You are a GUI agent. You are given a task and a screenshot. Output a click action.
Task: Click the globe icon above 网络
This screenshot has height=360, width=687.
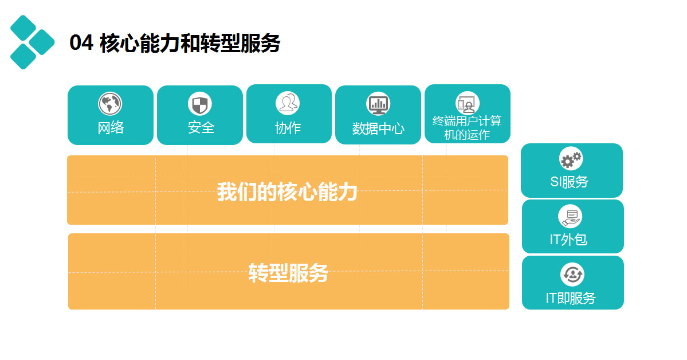click(x=110, y=104)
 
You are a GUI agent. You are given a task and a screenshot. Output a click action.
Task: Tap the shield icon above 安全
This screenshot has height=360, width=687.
click(x=200, y=104)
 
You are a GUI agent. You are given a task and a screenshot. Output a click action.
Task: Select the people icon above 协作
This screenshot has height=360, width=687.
click(x=288, y=104)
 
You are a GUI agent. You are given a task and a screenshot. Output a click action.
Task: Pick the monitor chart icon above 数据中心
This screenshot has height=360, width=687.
click(x=378, y=104)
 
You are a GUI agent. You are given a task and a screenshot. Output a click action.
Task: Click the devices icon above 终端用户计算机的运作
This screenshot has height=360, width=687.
click(x=468, y=104)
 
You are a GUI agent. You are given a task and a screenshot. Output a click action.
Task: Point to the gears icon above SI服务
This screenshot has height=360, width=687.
click(x=571, y=159)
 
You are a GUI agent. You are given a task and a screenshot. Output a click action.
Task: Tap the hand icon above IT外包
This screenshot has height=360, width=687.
click(x=570, y=217)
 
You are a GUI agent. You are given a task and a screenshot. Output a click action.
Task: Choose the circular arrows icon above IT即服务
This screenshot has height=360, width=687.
click(x=572, y=274)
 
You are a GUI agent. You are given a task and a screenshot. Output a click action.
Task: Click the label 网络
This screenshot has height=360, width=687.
click(x=111, y=128)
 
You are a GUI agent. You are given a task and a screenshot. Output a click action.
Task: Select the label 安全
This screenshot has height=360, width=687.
click(x=201, y=128)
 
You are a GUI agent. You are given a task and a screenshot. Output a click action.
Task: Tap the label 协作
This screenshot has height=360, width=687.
click(x=288, y=128)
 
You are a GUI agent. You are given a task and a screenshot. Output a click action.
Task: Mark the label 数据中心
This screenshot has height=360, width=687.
click(x=378, y=128)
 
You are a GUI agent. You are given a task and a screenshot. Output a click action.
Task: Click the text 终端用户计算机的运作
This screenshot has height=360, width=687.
click(x=467, y=128)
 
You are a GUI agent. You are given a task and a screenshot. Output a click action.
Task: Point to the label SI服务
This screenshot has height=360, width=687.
click(x=569, y=182)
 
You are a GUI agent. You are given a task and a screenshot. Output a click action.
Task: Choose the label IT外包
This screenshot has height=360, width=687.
click(x=568, y=240)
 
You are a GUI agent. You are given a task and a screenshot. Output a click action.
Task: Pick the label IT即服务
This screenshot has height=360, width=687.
click(x=571, y=298)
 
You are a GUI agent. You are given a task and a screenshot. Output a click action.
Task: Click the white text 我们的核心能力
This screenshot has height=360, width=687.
click(x=287, y=192)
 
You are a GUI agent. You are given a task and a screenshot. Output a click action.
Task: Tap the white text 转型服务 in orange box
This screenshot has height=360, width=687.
click(x=288, y=273)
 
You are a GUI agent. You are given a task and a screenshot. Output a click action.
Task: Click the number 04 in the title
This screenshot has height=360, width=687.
click(x=81, y=43)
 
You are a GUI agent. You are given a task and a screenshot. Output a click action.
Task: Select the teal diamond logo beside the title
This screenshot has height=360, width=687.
click(x=32, y=42)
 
